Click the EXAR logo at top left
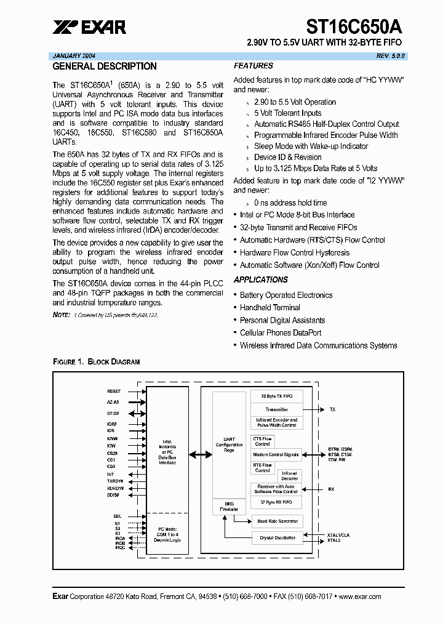coord(89,26)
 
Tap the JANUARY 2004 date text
coord(74,55)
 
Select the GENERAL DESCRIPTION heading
coord(105,66)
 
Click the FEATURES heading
coord(253,66)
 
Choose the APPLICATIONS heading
coord(261,279)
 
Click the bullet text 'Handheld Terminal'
coord(269,308)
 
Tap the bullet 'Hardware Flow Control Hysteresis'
coord(294,252)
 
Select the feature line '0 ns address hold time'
coord(290,203)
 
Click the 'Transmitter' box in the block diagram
coord(276,409)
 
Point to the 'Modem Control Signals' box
coord(276,455)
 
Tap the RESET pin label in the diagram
coord(114,391)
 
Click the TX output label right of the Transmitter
coord(333,409)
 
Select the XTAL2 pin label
coord(334,540)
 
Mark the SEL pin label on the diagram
coord(117,516)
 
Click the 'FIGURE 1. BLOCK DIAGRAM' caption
coord(96,361)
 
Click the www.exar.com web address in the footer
coord(360,597)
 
